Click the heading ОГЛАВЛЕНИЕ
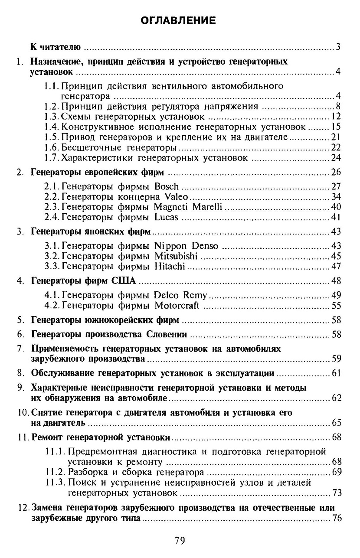tap(180, 20)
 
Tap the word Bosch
tap(167, 187)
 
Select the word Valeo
tap(176, 197)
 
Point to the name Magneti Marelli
tap(188, 207)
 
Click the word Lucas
tap(166, 217)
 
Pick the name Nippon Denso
tap(187, 246)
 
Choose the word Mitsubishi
tap(176, 256)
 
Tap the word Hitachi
tap(170, 266)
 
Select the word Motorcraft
tap(177, 306)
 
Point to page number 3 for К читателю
tap(337, 47)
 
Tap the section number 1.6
tap(52, 148)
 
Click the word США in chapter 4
tap(124, 281)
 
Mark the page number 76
tap(337, 519)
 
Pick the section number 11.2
tap(54, 472)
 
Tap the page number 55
tap(337, 306)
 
